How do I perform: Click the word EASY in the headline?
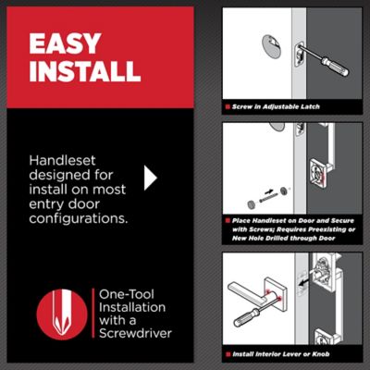(x=65, y=43)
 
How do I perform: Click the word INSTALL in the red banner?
(x=85, y=71)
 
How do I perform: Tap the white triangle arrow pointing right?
(x=151, y=178)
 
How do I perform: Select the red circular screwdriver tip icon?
(x=62, y=314)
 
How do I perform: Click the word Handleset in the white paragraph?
(x=62, y=160)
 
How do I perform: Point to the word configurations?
(x=79, y=218)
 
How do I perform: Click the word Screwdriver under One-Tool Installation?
(x=135, y=333)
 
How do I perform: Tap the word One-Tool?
(x=127, y=294)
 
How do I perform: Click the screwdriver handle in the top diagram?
(x=335, y=66)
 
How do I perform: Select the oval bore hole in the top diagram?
(x=271, y=47)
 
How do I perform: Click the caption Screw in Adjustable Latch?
(x=276, y=106)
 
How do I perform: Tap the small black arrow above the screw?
(x=268, y=191)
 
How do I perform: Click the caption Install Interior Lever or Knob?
(x=281, y=354)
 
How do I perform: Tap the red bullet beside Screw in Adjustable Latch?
(x=228, y=107)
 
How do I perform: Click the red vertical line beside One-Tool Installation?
(x=93, y=314)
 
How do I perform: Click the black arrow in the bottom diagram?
(x=307, y=282)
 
